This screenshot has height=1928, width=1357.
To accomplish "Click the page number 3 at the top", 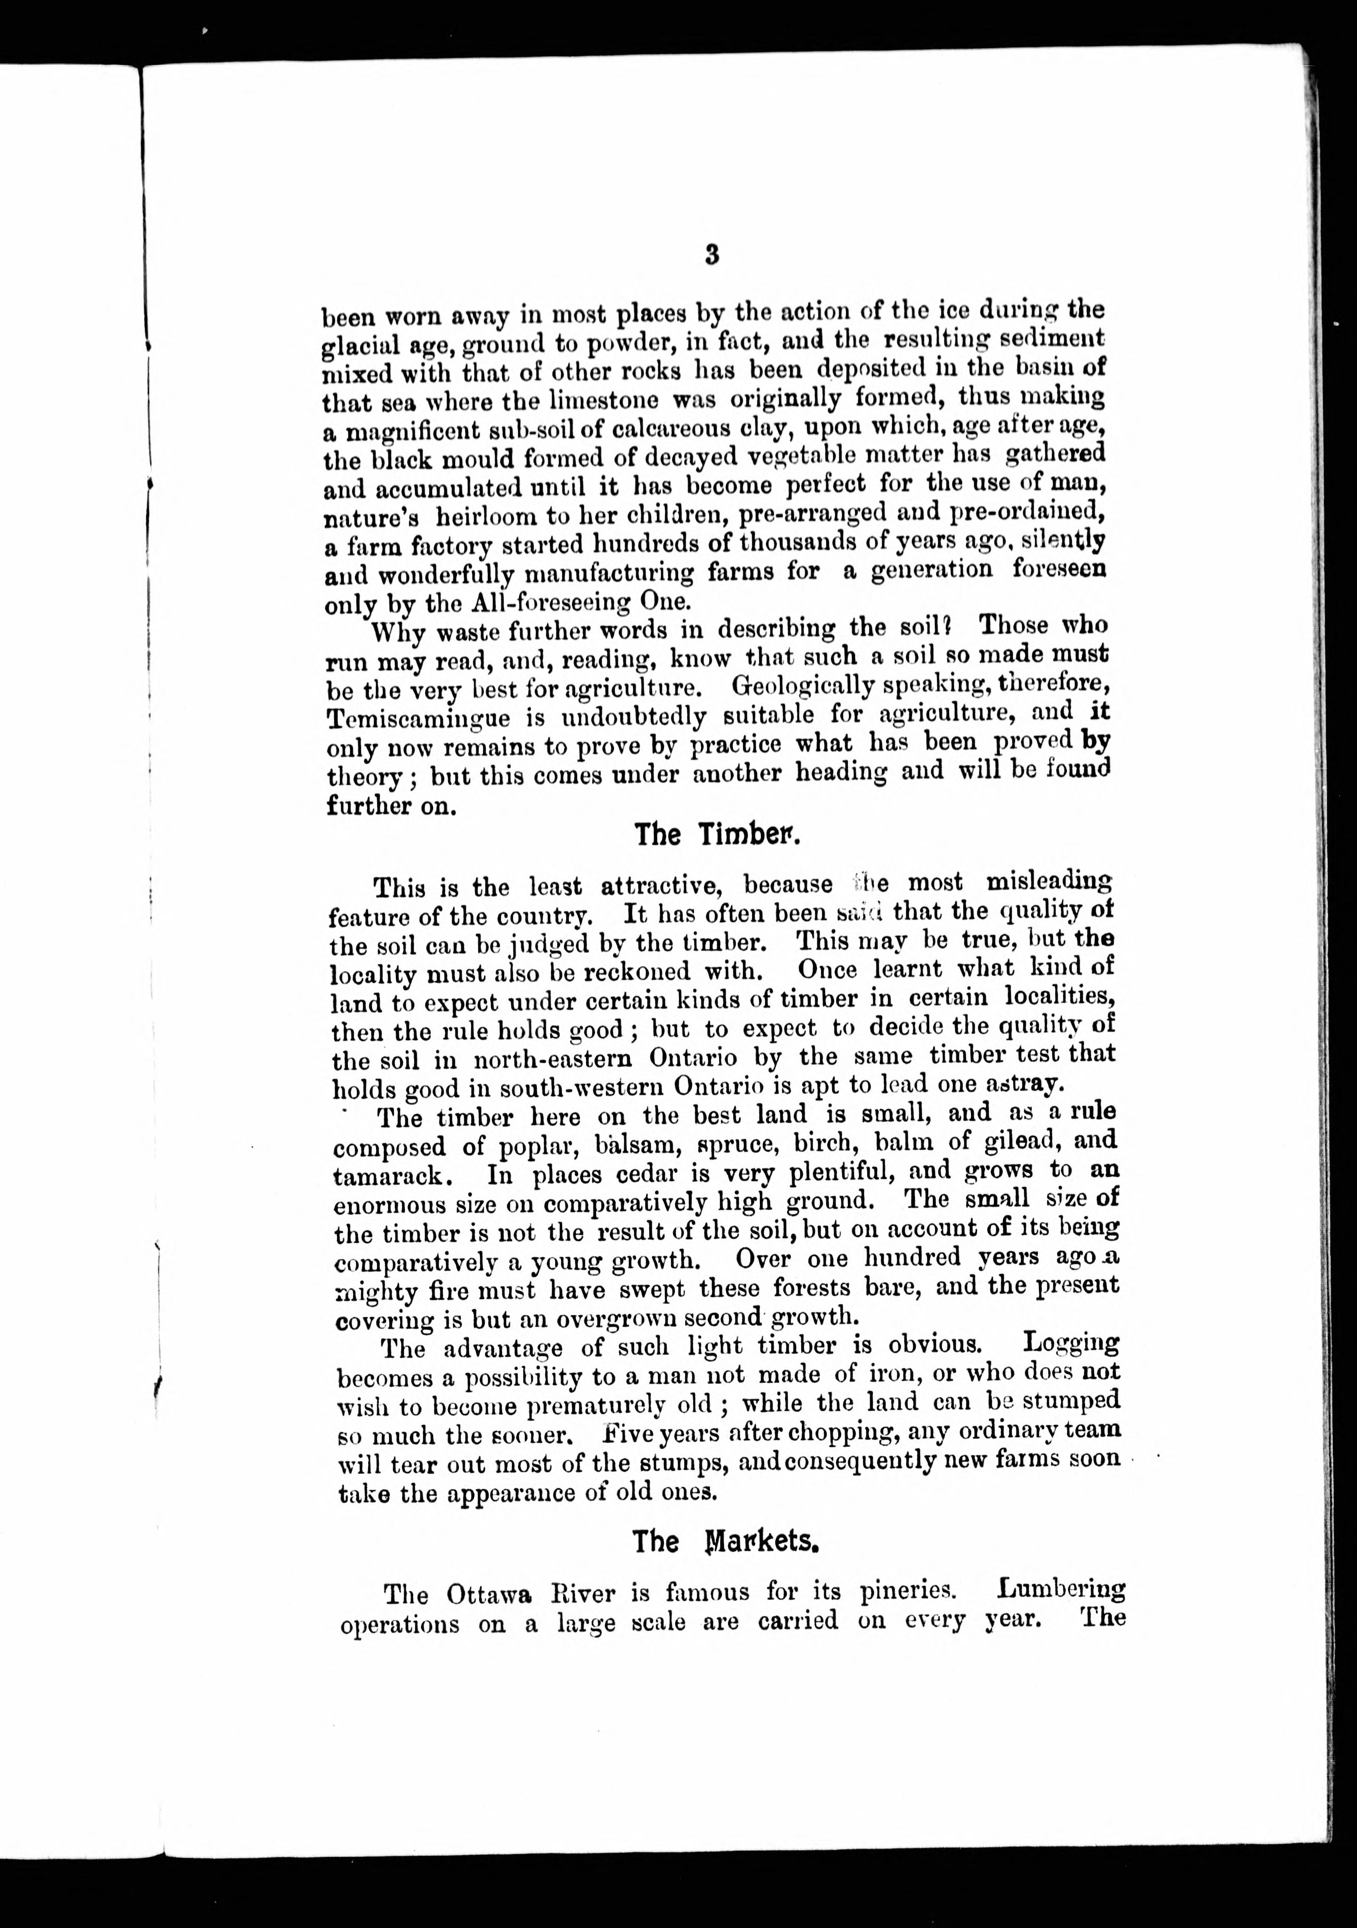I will [x=711, y=255].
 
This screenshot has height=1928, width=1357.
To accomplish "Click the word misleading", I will [x=1048, y=882].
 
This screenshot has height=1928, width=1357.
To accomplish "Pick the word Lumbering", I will [x=1061, y=1589].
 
